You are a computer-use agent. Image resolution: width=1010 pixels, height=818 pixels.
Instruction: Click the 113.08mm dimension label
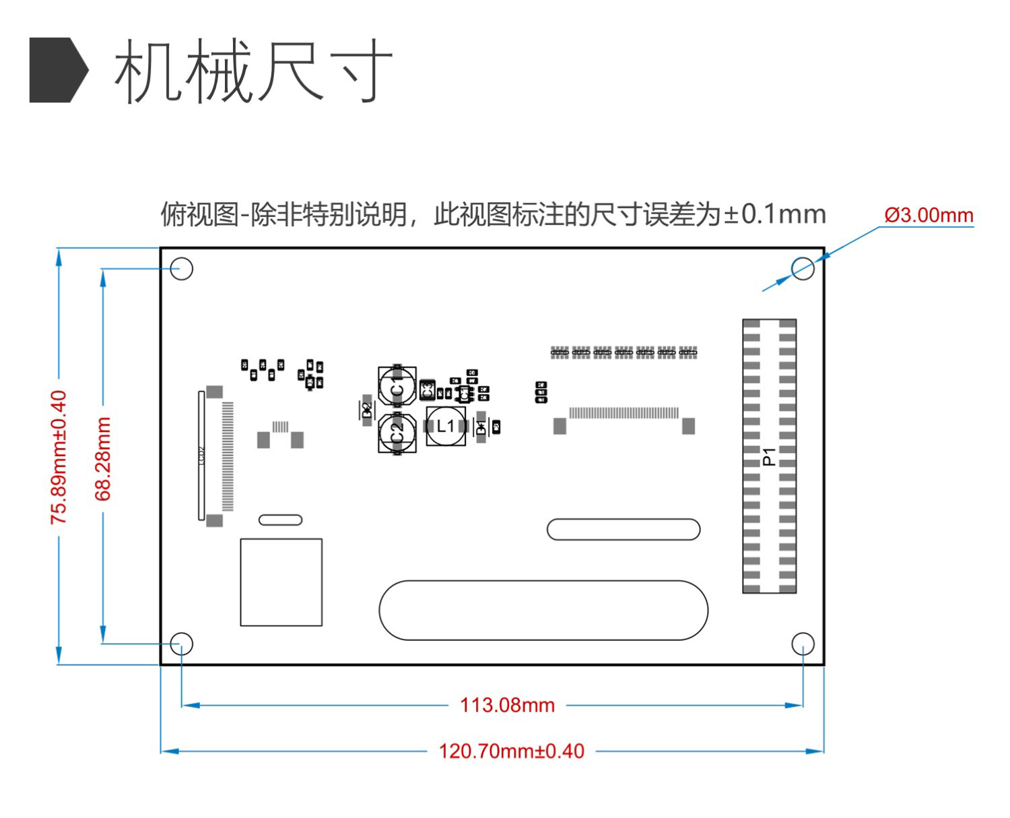pyautogui.click(x=507, y=705)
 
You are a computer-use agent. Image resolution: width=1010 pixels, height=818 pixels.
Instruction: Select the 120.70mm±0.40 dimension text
pyautogui.click(x=511, y=751)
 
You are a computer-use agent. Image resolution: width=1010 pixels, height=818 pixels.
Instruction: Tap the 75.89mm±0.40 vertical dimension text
pyautogui.click(x=59, y=457)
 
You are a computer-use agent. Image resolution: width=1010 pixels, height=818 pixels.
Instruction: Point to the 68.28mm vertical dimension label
pyautogui.click(x=102, y=458)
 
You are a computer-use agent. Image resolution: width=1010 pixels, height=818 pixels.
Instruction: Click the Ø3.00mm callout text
pyautogui.click(x=929, y=215)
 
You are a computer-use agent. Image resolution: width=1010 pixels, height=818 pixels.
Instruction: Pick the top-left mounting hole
pyautogui.click(x=182, y=269)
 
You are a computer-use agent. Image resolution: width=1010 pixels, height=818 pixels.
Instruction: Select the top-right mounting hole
pyautogui.click(x=803, y=269)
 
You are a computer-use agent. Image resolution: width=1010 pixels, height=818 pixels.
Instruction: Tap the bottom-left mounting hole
pyautogui.click(x=182, y=644)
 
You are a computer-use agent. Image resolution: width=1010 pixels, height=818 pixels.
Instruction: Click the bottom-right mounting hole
pyautogui.click(x=803, y=644)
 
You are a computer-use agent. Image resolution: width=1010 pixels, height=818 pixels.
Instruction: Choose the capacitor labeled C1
pyautogui.click(x=397, y=386)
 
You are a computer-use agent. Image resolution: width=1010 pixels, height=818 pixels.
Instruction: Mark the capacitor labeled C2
pyautogui.click(x=397, y=433)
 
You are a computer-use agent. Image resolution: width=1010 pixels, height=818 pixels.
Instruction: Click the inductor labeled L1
pyautogui.click(x=446, y=426)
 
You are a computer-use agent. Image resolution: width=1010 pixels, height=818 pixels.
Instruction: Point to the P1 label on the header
pyautogui.click(x=769, y=456)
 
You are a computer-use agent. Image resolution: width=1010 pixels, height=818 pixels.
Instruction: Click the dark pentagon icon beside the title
pyautogui.click(x=58, y=70)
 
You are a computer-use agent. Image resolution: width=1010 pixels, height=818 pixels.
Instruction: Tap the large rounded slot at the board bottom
pyautogui.click(x=543, y=610)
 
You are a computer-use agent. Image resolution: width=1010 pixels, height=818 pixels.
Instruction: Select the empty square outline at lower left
pyautogui.click(x=281, y=582)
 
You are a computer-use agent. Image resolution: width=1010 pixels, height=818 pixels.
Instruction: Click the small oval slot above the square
pyautogui.click(x=281, y=520)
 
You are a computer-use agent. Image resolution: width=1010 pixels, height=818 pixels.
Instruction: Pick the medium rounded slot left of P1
pyautogui.click(x=624, y=530)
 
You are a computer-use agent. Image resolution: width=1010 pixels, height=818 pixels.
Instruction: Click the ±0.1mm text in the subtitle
pyautogui.click(x=775, y=215)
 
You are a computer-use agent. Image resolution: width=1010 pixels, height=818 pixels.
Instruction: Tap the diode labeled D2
pyautogui.click(x=367, y=410)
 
